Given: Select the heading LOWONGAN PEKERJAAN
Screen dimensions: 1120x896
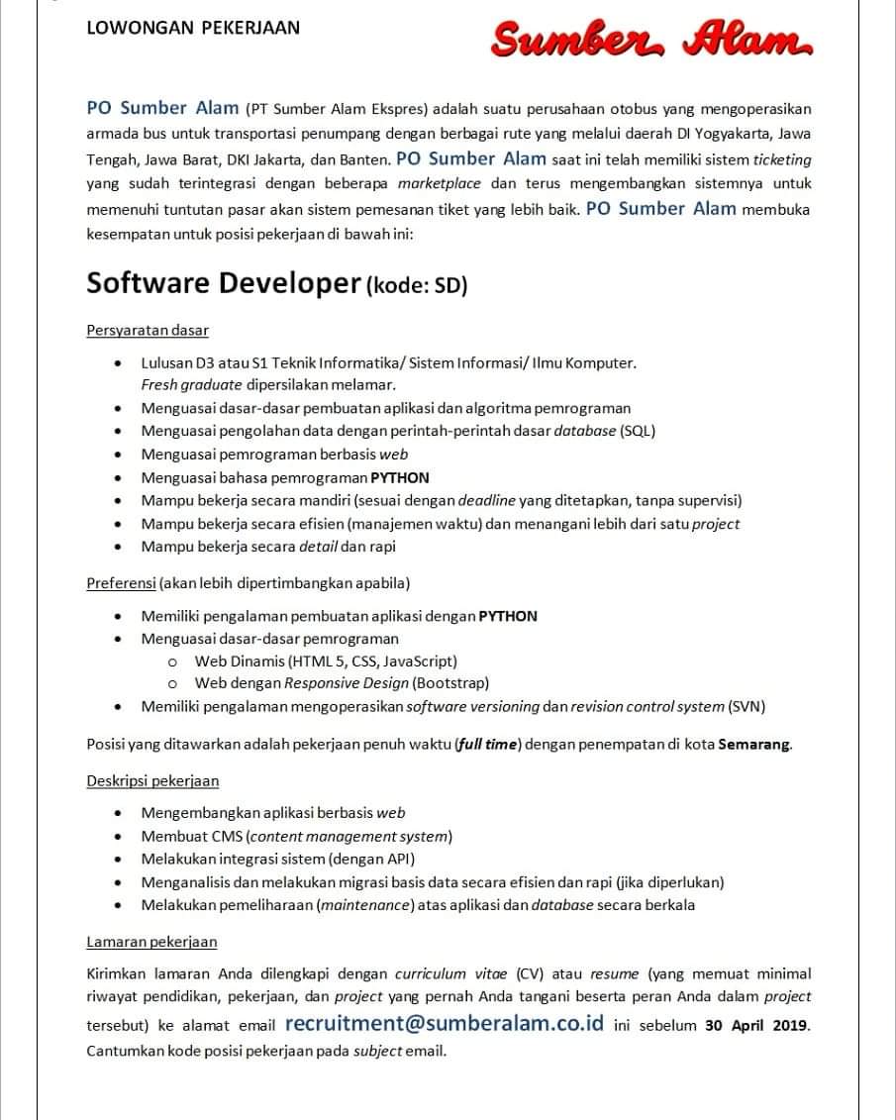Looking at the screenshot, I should (x=193, y=28).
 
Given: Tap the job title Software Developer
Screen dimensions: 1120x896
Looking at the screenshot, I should (x=223, y=283).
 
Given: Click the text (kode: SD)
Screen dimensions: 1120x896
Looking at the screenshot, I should (x=417, y=286).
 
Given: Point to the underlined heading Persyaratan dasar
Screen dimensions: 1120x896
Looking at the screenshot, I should (x=148, y=330).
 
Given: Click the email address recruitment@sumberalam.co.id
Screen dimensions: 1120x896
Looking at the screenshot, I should (x=444, y=1023).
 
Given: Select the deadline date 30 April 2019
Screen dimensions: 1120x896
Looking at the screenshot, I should (x=757, y=1025).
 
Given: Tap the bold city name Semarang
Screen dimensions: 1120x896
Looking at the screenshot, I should (x=754, y=745).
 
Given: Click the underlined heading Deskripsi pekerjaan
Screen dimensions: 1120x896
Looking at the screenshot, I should (x=152, y=780).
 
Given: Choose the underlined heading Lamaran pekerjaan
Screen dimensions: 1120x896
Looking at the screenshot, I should (x=151, y=941).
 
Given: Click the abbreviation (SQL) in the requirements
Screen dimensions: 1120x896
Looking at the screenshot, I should (x=638, y=431).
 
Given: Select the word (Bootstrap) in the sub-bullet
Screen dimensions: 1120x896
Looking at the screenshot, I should (x=450, y=682).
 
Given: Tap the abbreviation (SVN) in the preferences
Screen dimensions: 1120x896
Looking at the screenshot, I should (x=747, y=706).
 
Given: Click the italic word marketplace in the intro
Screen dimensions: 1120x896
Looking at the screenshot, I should (x=440, y=183).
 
